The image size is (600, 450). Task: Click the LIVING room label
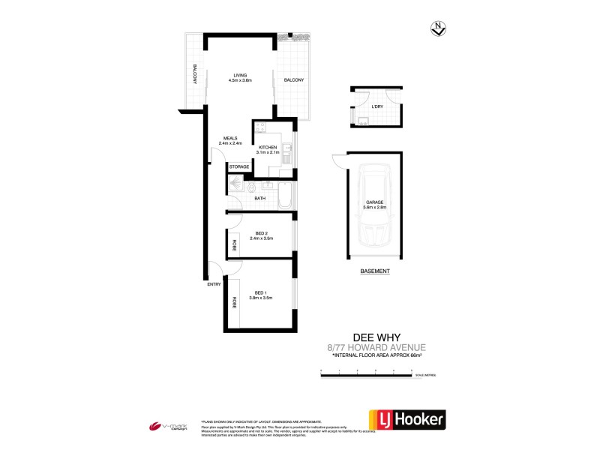pos(240,75)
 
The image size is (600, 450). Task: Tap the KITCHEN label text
pos(268,147)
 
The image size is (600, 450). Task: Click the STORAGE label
pos(239,166)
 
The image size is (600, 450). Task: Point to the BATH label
pos(259,198)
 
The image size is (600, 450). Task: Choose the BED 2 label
pos(262,232)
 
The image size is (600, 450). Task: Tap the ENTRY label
pos(214,284)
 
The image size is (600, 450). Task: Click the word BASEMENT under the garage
pos(373,270)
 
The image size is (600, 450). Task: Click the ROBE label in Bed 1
pos(234,303)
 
